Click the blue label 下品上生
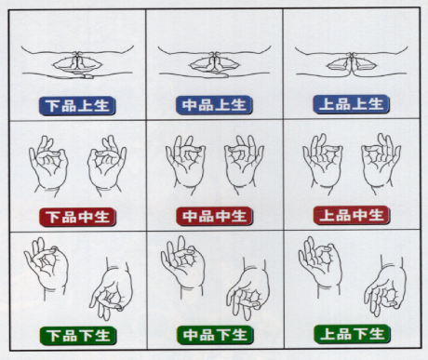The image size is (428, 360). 77,106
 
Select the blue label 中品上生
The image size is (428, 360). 214,105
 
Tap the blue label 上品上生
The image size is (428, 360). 351,104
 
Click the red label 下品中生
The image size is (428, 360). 77,217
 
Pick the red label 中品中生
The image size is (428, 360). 214,216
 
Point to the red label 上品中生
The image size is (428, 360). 352,215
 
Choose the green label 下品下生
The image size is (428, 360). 78,336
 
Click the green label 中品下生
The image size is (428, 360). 215,335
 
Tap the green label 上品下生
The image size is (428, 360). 352,334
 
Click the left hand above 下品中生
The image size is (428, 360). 48,166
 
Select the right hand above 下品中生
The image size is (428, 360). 107,166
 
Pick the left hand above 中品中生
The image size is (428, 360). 185,166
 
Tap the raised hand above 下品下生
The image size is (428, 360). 47,268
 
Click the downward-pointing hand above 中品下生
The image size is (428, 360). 248,289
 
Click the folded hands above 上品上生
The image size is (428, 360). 352,65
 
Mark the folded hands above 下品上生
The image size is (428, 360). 77,65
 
